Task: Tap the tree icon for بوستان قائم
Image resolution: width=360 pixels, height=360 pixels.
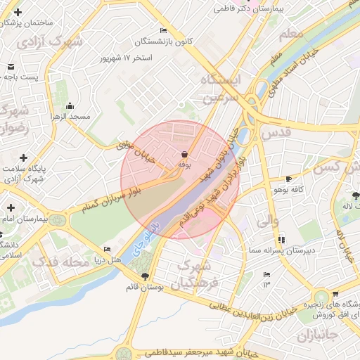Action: point(145,276)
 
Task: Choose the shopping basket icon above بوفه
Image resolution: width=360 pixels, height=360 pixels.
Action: point(184,154)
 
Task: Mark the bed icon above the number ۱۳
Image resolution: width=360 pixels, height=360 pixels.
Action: point(266,274)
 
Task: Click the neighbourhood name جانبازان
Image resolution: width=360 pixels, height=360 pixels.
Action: point(316,336)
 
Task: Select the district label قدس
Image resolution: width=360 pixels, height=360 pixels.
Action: point(275,132)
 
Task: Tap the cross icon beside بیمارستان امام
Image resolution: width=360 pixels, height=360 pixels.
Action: point(11,207)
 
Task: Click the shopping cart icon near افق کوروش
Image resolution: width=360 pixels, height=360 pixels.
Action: point(335,295)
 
